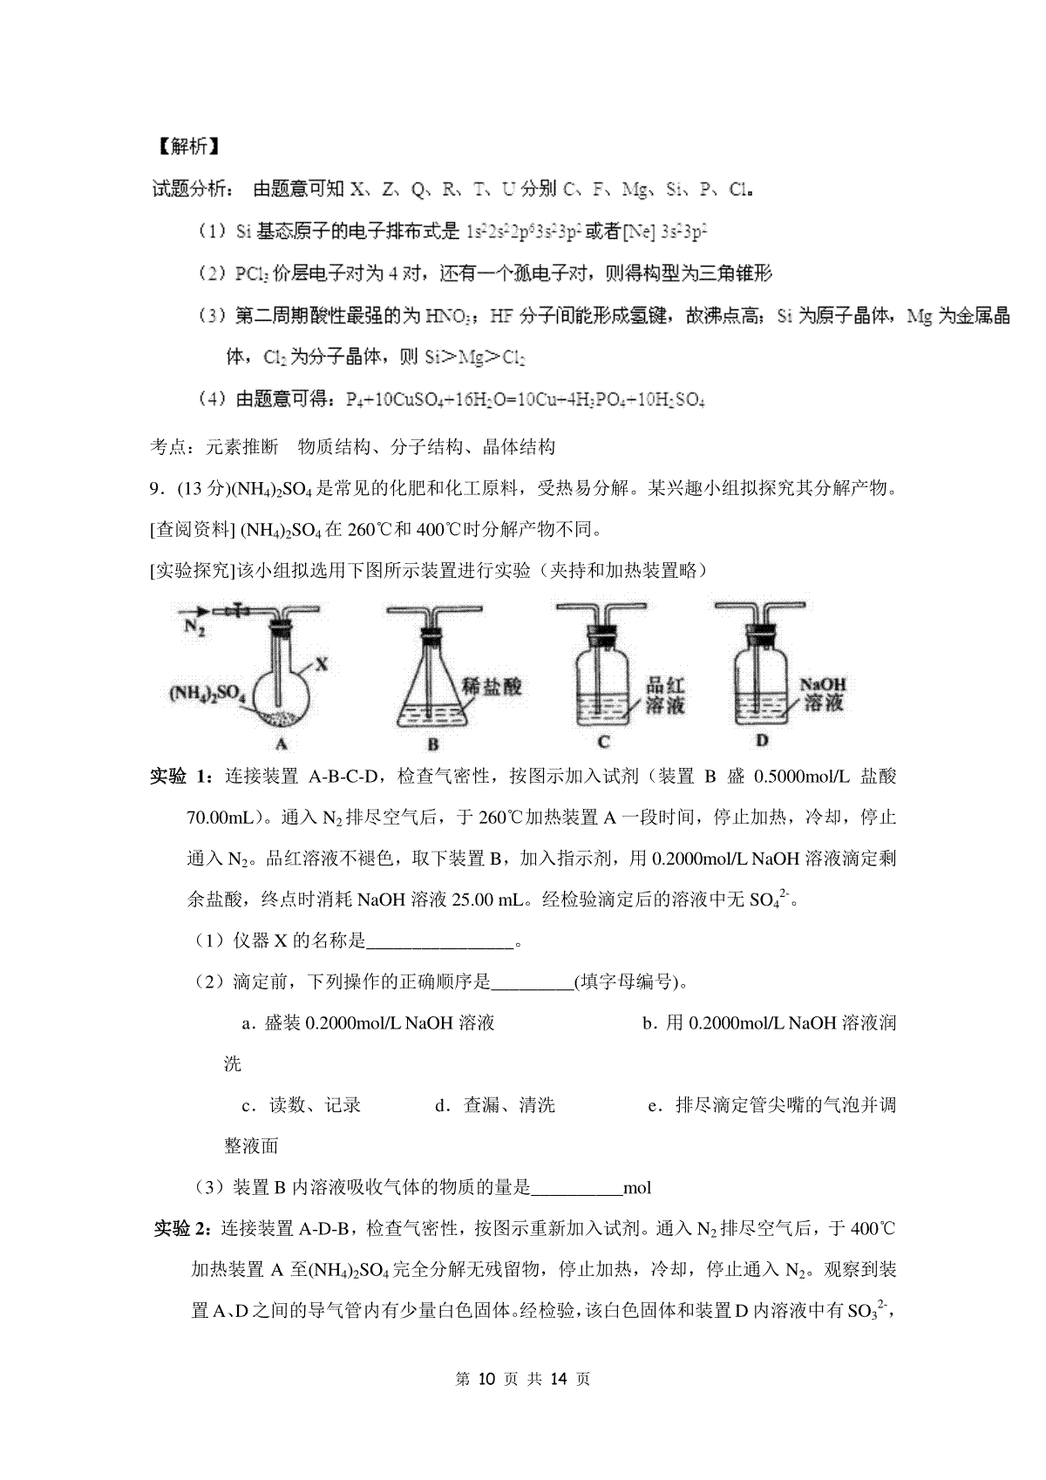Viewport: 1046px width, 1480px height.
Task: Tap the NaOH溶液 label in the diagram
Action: (x=824, y=694)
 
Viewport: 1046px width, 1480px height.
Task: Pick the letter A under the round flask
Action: (x=281, y=743)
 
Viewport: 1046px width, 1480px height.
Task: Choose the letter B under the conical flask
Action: (x=433, y=744)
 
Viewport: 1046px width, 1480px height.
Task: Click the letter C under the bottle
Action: (x=604, y=742)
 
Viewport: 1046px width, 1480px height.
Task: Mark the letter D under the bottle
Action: (x=762, y=741)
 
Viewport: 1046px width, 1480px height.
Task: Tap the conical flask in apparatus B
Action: (x=432, y=697)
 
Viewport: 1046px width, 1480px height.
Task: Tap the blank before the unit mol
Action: (x=577, y=1187)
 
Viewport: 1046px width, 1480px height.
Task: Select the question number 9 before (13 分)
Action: (x=155, y=489)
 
